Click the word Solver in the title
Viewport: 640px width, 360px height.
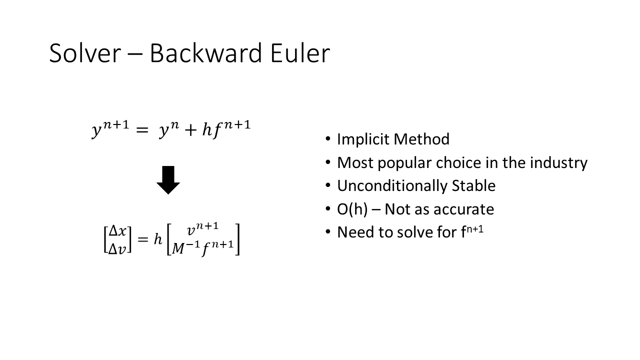[x=85, y=53]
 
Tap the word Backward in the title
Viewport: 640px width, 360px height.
[x=205, y=53]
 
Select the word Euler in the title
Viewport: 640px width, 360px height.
[x=300, y=53]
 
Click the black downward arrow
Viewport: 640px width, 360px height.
[x=168, y=180]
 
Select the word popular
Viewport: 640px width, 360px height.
[x=404, y=163]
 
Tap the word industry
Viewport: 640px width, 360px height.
[x=558, y=163]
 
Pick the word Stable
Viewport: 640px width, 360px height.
[x=473, y=185]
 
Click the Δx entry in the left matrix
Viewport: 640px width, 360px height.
[x=117, y=231]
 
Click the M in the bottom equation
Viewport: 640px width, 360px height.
[x=178, y=248]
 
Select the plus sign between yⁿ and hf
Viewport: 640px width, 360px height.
[x=191, y=130]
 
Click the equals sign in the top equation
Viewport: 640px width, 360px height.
[x=142, y=130]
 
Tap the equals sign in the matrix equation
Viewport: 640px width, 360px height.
[x=143, y=239]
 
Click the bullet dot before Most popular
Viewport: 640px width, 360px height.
[x=327, y=162]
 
